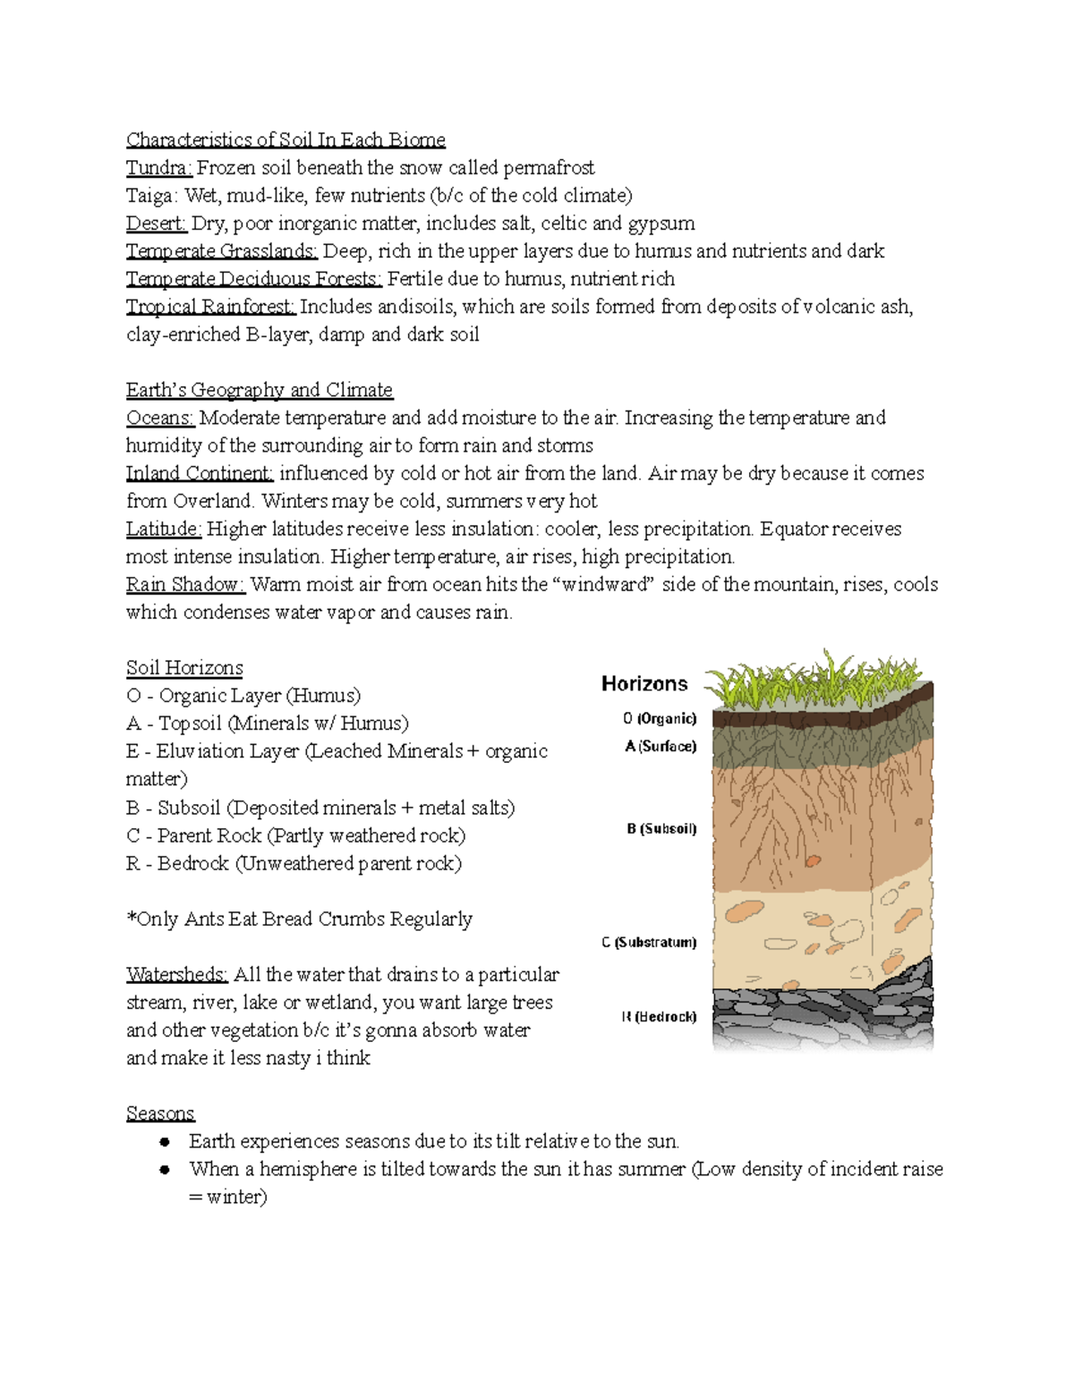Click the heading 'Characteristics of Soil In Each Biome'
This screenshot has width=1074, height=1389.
286,140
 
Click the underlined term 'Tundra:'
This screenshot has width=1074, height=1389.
158,167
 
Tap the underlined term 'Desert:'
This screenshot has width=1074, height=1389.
156,223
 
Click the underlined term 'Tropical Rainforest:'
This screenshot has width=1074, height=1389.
210,307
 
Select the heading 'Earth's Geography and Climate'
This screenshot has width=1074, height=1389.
260,390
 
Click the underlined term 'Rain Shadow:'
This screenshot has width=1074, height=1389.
185,585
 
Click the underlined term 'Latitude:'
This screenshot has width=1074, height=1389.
164,529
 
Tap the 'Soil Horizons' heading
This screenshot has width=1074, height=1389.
184,668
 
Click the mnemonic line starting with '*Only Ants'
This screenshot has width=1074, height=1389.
299,919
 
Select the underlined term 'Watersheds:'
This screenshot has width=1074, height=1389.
177,975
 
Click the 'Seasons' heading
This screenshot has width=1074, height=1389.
160,1114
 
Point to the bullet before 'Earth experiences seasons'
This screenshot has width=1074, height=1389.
164,1142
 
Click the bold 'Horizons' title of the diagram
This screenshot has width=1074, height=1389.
644,684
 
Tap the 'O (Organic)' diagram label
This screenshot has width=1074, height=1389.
660,718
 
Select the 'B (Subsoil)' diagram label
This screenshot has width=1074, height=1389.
661,829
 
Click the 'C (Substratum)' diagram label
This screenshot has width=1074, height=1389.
649,943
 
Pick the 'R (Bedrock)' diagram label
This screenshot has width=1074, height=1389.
659,1017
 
